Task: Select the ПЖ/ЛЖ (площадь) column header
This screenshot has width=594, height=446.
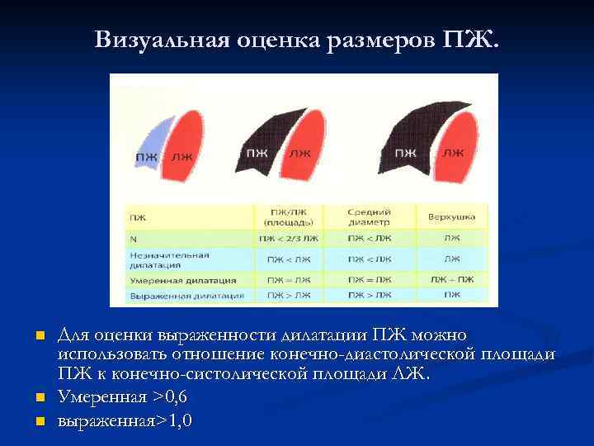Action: [x=288, y=216]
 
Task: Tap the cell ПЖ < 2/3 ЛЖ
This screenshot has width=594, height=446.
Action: [x=288, y=239]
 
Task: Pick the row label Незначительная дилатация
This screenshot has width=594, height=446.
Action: [x=159, y=260]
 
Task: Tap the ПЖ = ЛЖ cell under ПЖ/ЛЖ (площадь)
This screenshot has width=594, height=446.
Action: [x=288, y=280]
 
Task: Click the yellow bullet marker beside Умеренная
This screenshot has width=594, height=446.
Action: [x=39, y=399]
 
